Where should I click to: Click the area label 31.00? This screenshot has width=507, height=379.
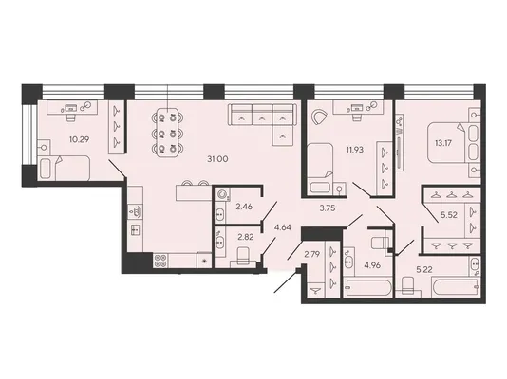[x=218, y=159]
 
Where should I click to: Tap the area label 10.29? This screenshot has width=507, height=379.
[x=79, y=139]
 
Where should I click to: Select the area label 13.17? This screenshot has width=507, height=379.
[x=442, y=142]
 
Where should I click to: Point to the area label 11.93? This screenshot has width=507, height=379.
[x=355, y=150]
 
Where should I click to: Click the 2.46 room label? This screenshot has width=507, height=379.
[x=244, y=207]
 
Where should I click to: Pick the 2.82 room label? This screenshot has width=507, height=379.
[x=246, y=238]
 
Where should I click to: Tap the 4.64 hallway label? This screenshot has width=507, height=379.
[x=283, y=227]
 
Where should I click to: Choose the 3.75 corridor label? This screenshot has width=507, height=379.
[x=328, y=208]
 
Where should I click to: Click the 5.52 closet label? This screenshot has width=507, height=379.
[x=449, y=215]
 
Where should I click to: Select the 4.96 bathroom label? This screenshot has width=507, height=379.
[x=372, y=266]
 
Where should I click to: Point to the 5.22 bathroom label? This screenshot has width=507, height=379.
[x=424, y=270]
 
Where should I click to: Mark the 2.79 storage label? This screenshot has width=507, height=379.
[x=312, y=254]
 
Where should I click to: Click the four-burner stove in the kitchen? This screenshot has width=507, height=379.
[x=160, y=261]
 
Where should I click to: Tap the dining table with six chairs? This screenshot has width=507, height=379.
[x=167, y=133]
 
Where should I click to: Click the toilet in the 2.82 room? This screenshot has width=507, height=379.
[x=243, y=256]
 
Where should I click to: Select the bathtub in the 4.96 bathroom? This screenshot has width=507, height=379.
[x=368, y=286]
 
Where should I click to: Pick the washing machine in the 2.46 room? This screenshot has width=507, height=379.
[x=222, y=194]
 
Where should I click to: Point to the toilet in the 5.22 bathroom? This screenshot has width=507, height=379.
[x=407, y=286]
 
